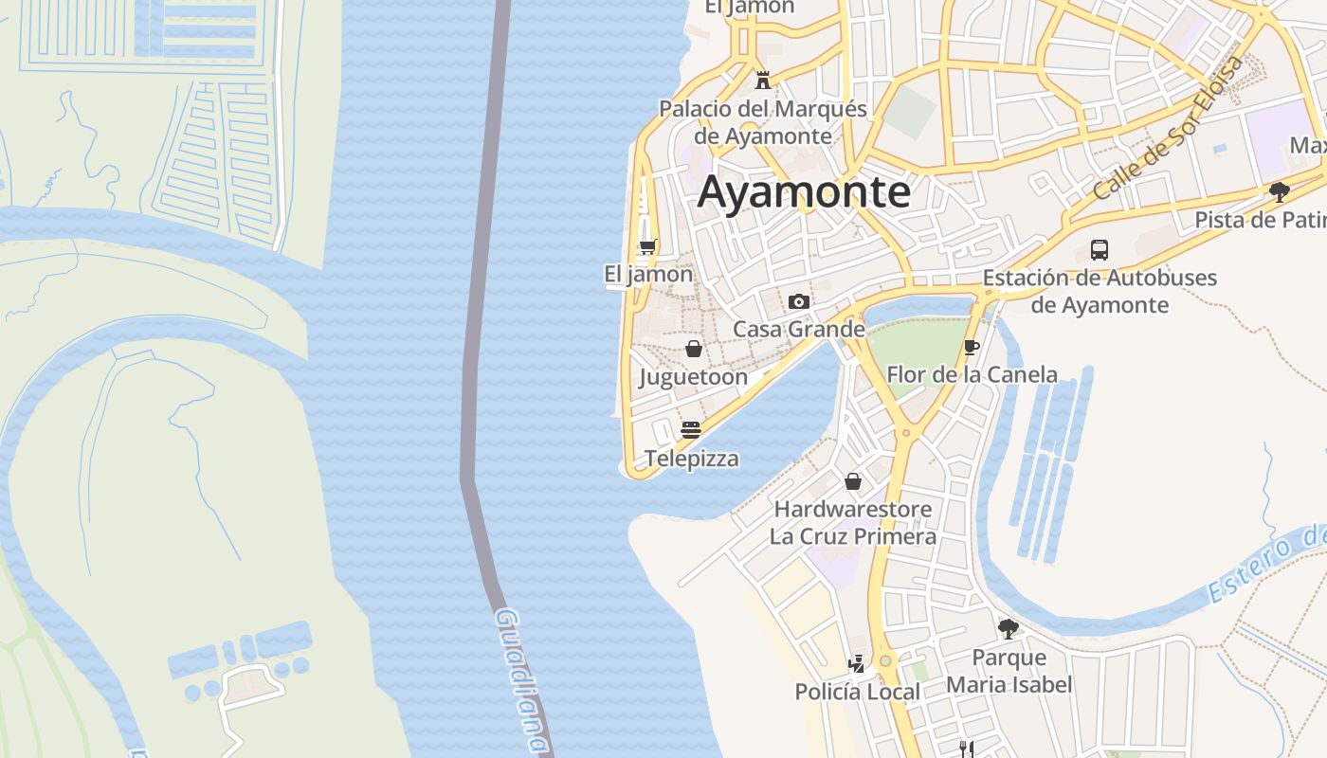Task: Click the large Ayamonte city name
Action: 804,193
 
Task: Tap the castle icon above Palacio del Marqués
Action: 763,80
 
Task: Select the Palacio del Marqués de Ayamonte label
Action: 763,122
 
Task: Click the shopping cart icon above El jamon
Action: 647,247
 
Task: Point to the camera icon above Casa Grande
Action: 799,301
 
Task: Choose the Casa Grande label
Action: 799,329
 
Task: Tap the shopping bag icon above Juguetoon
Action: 694,349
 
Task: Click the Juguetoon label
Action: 694,377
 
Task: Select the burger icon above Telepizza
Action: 691,429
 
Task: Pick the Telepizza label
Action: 692,459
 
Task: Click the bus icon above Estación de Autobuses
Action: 1100,250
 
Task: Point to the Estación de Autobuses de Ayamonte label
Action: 1100,292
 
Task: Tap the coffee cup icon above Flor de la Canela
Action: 972,347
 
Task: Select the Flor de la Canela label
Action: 972,374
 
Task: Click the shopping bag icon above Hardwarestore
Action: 853,481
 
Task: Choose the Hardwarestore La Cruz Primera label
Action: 853,523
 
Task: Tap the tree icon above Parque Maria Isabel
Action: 1009,628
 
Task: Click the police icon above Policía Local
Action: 857,663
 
